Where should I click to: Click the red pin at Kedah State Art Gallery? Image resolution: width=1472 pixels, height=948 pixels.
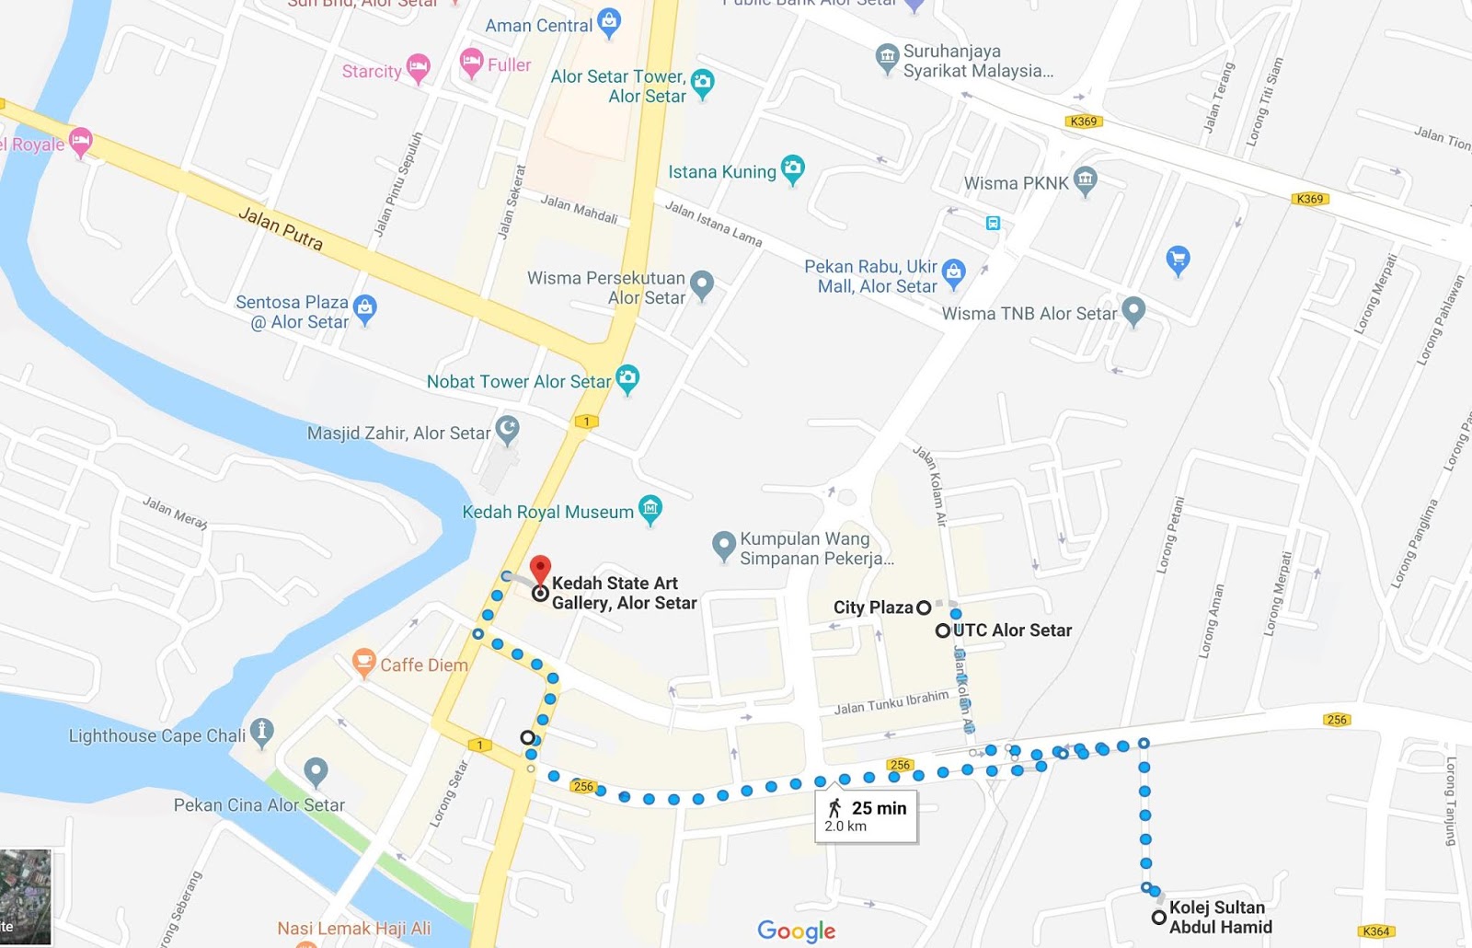tap(541, 568)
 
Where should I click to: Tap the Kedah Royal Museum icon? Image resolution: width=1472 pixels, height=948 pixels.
tap(650, 508)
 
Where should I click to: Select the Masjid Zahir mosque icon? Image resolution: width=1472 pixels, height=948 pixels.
tap(507, 428)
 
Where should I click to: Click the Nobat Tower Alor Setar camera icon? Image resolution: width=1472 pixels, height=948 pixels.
tap(627, 377)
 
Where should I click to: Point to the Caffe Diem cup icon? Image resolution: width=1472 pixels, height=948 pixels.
tap(364, 661)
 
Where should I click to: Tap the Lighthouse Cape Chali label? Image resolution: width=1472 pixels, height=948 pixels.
tap(157, 736)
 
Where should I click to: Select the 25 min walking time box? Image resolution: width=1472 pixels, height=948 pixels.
tap(866, 815)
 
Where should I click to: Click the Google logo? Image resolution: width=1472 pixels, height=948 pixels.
tap(797, 931)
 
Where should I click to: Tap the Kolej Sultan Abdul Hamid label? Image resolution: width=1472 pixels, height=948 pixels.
tap(1220, 918)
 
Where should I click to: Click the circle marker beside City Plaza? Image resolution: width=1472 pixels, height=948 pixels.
tap(924, 607)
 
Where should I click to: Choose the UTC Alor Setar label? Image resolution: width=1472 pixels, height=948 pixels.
tap(1012, 630)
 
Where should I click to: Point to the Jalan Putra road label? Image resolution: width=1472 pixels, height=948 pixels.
tap(281, 228)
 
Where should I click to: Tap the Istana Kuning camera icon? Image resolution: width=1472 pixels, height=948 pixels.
tap(792, 168)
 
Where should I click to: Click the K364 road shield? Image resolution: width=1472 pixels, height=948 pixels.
tap(1375, 931)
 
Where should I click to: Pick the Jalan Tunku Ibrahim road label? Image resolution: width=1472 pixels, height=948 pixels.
tap(891, 702)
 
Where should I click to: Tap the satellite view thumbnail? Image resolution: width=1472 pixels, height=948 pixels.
tap(26, 896)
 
